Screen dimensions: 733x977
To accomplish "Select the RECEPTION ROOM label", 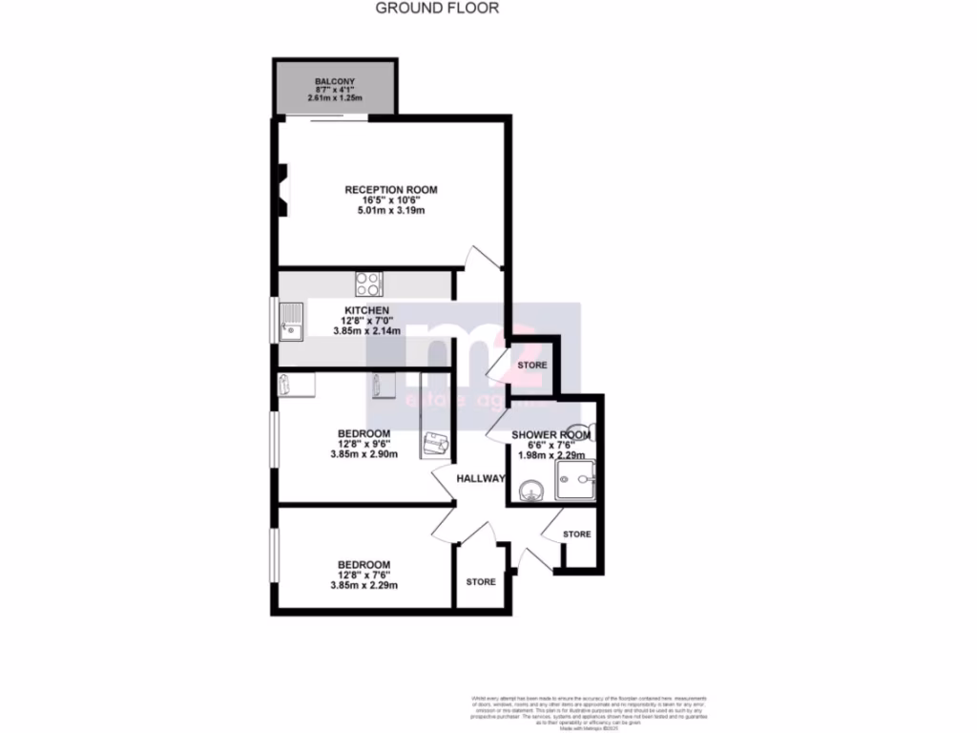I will [x=391, y=190].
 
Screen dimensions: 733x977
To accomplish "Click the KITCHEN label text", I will [x=366, y=311].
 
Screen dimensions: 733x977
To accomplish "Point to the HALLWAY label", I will [x=479, y=478].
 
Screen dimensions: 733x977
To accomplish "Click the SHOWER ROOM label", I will [x=551, y=435].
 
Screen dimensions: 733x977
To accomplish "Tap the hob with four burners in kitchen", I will [x=369, y=283].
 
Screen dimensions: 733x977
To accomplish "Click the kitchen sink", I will [x=290, y=324].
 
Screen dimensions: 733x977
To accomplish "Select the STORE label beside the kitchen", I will [x=532, y=366].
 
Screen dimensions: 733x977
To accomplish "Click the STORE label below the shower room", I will [x=576, y=534].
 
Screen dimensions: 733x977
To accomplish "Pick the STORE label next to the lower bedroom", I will [x=481, y=581].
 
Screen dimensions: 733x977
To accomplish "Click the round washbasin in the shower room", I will [x=530, y=491].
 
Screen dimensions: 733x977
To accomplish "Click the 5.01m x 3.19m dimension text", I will [x=391, y=211].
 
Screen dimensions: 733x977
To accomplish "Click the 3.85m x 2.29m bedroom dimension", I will [x=364, y=586].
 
